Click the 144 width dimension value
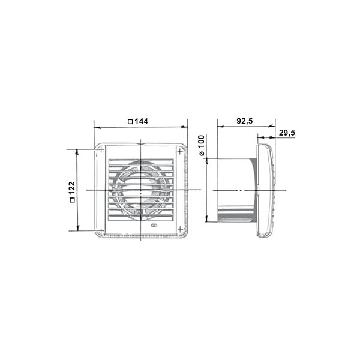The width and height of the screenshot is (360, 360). (x=141, y=121)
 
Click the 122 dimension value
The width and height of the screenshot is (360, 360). (x=72, y=189)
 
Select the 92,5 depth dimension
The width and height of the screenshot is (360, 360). (x=245, y=121)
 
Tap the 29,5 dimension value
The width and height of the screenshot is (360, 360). (x=287, y=133)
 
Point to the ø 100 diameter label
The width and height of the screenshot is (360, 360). (x=202, y=146)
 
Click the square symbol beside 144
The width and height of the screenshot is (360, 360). (x=130, y=122)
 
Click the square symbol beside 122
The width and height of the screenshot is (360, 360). (x=72, y=200)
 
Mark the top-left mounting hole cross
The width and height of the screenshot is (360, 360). (x=101, y=149)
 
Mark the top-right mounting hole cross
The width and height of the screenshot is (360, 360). (x=180, y=151)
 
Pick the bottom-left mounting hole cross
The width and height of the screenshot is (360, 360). (x=101, y=230)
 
